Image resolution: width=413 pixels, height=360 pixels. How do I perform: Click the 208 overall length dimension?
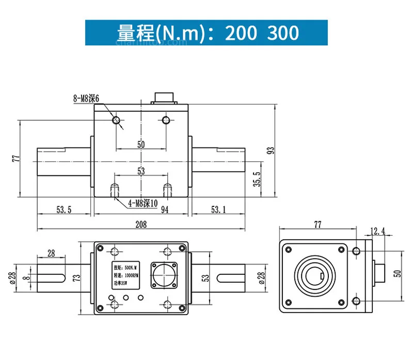point(140,224)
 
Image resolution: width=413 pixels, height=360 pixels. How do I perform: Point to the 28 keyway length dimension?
point(51,252)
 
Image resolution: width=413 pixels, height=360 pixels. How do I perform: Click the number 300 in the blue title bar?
point(283,33)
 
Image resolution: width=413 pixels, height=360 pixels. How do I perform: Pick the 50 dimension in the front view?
point(141,144)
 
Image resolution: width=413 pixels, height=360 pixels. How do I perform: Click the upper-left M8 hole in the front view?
point(117,120)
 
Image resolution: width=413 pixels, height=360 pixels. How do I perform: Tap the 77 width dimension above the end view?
point(317,224)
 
